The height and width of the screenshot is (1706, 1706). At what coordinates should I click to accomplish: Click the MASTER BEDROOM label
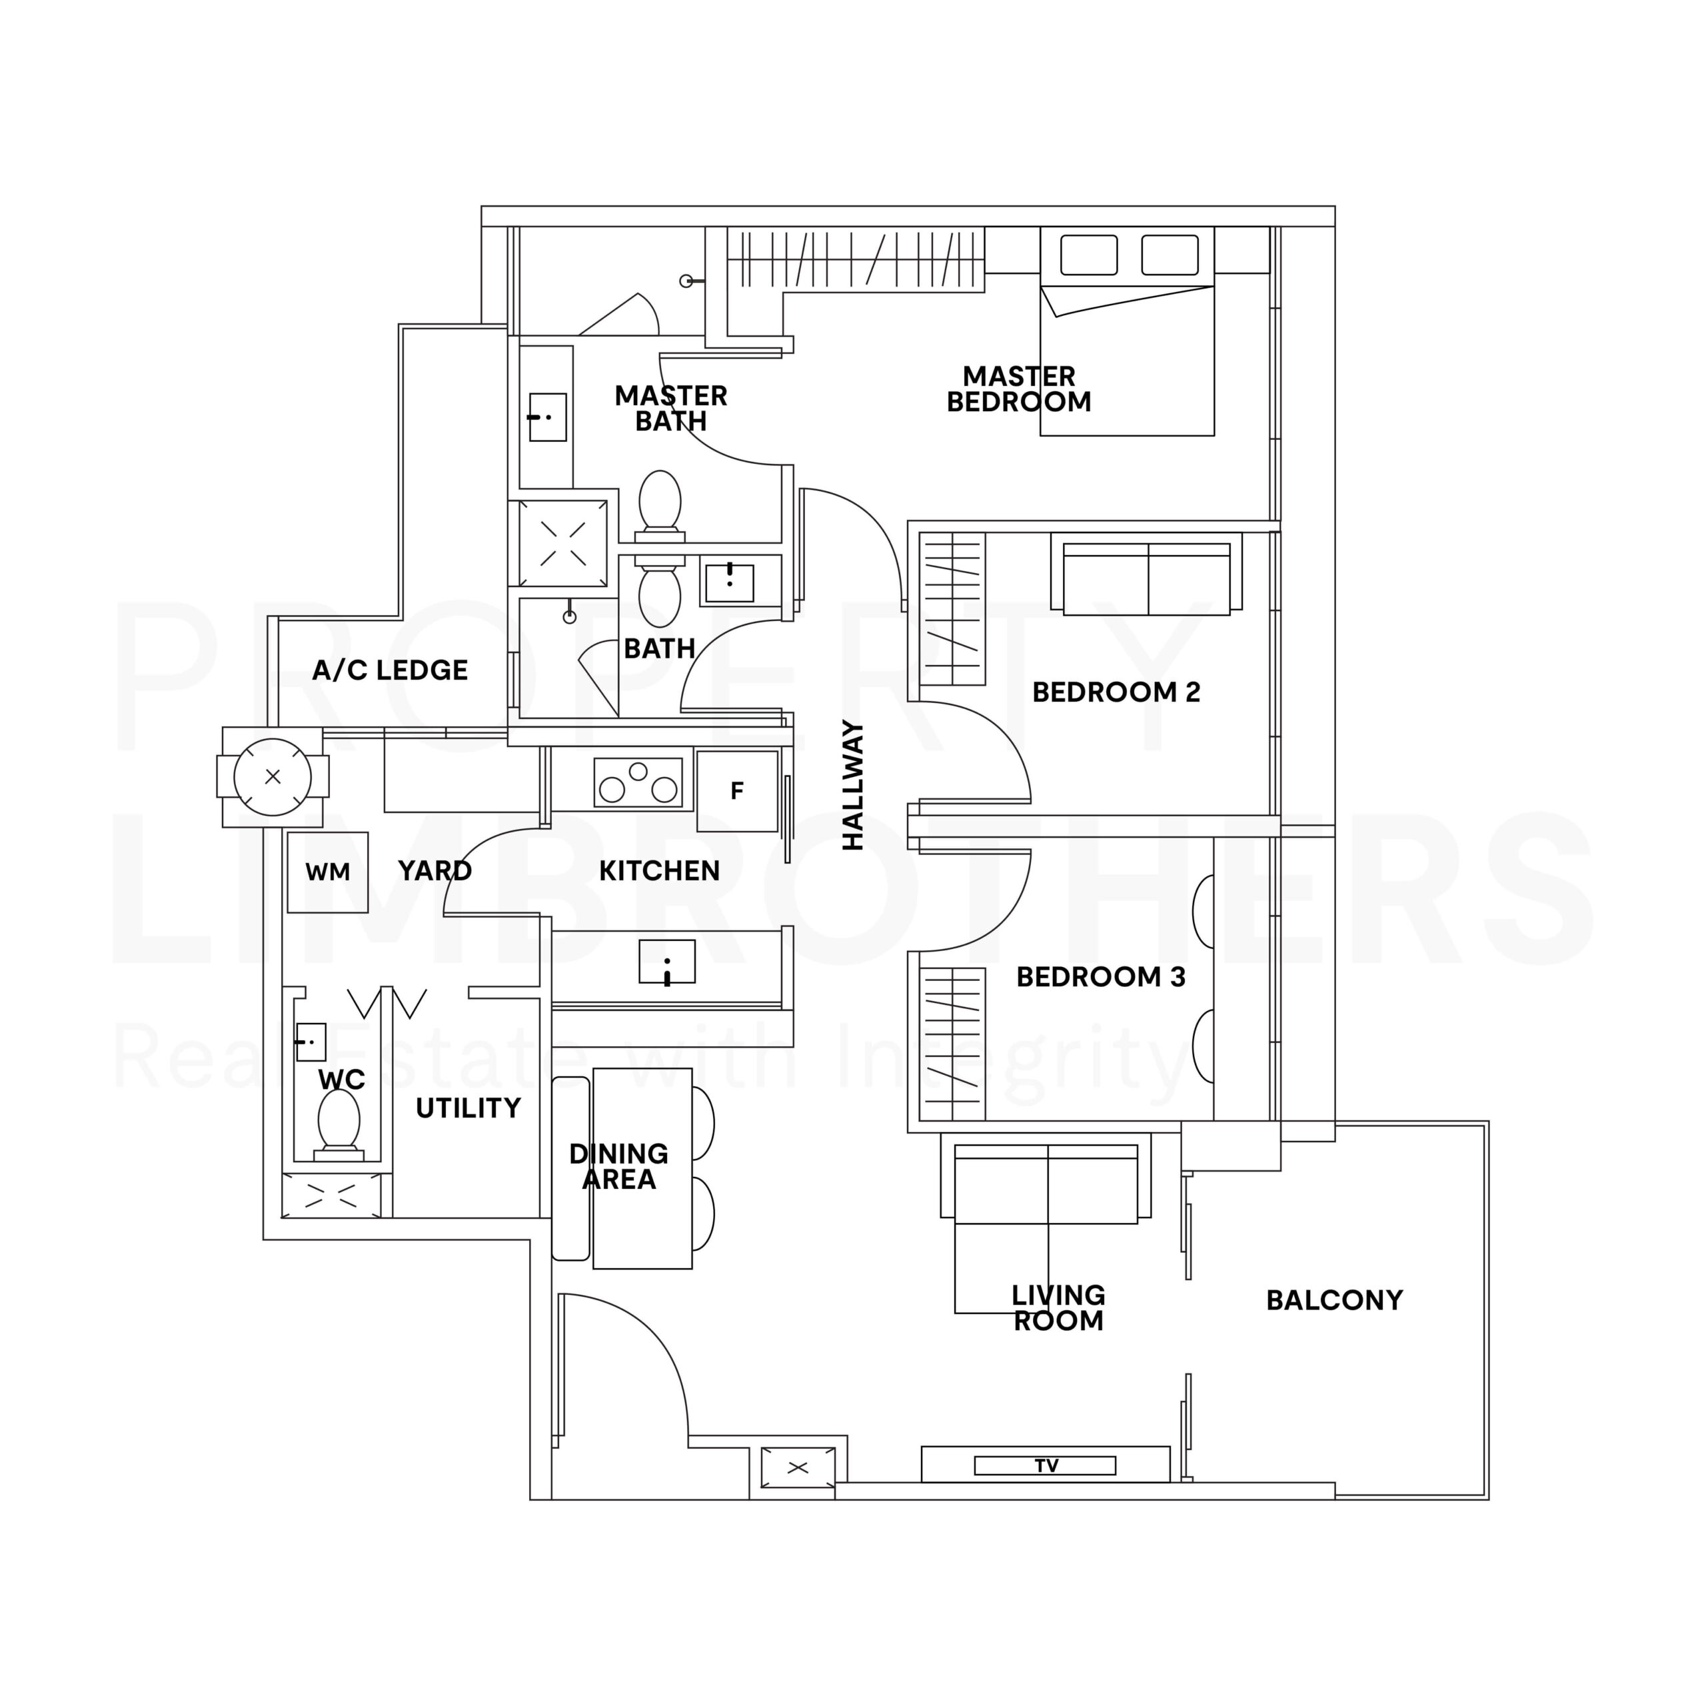pos(1019,389)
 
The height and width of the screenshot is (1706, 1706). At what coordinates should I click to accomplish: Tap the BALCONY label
pos(1334,1299)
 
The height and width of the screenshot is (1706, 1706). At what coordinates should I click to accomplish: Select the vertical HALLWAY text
pos(853,785)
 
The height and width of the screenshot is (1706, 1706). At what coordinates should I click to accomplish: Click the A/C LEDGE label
pos(389,670)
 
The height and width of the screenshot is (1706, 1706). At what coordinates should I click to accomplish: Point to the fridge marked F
pos(737,790)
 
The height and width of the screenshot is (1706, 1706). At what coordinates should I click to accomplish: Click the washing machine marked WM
pos(328,872)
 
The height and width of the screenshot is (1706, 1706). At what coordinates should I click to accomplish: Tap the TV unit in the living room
pos(1046,1465)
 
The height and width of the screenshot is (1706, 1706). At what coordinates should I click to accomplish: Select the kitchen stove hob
pos(638,782)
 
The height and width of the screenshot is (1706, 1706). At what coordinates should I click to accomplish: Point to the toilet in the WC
pos(338,1125)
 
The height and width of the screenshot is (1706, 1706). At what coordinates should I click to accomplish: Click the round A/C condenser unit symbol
pos(273,777)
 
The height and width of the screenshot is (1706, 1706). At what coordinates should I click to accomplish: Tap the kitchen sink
pos(666,962)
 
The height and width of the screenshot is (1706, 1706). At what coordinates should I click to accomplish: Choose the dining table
pos(642,1168)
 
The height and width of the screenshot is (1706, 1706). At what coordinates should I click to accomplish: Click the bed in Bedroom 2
pos(1146,578)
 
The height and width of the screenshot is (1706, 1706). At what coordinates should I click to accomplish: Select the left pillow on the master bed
pos(1089,255)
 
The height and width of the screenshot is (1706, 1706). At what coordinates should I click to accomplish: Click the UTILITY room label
pos(468,1108)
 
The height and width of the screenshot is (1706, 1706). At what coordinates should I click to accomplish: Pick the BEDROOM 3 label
pos(1100,978)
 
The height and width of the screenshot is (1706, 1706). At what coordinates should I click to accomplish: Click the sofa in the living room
pos(1046,1184)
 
